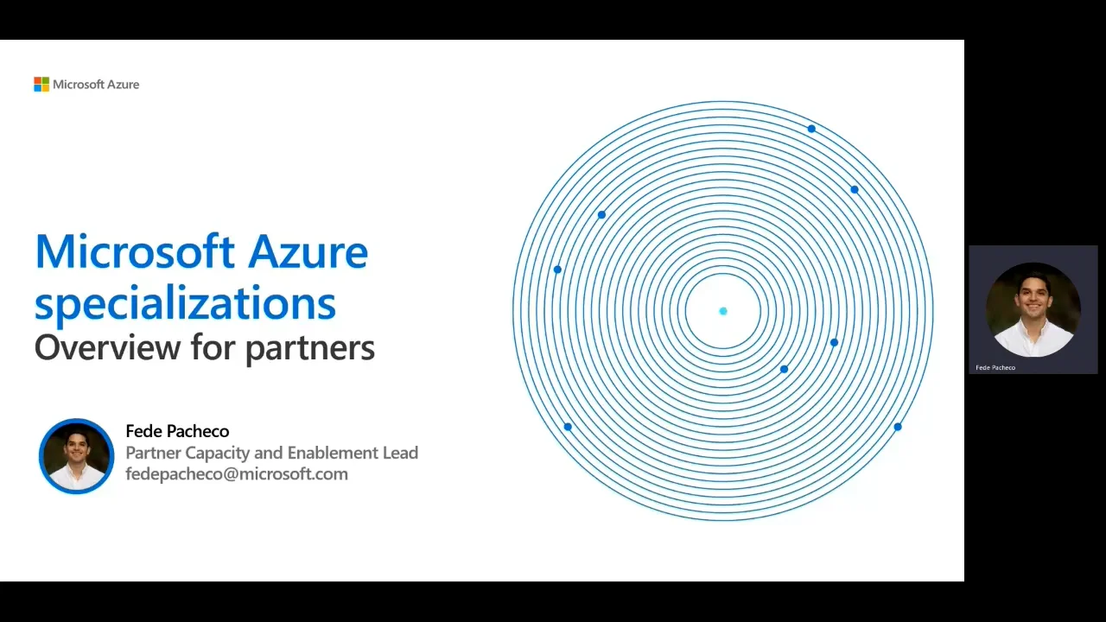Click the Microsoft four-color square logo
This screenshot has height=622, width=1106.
[41, 84]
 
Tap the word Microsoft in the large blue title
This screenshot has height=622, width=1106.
[135, 252]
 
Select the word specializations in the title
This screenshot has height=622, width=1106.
[185, 303]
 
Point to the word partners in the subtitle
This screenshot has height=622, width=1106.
[309, 348]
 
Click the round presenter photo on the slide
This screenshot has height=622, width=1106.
[76, 456]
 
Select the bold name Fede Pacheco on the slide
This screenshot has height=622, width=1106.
[177, 431]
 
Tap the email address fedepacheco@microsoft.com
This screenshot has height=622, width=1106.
[237, 473]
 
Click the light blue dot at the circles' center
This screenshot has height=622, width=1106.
[723, 311]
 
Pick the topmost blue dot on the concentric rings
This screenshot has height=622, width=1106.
[811, 129]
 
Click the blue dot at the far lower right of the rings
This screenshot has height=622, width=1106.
[898, 427]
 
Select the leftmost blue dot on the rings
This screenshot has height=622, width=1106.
[557, 270]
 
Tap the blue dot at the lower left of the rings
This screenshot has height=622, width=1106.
[568, 427]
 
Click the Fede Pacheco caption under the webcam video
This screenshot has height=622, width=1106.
[995, 367]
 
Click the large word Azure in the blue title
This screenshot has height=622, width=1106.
[308, 252]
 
